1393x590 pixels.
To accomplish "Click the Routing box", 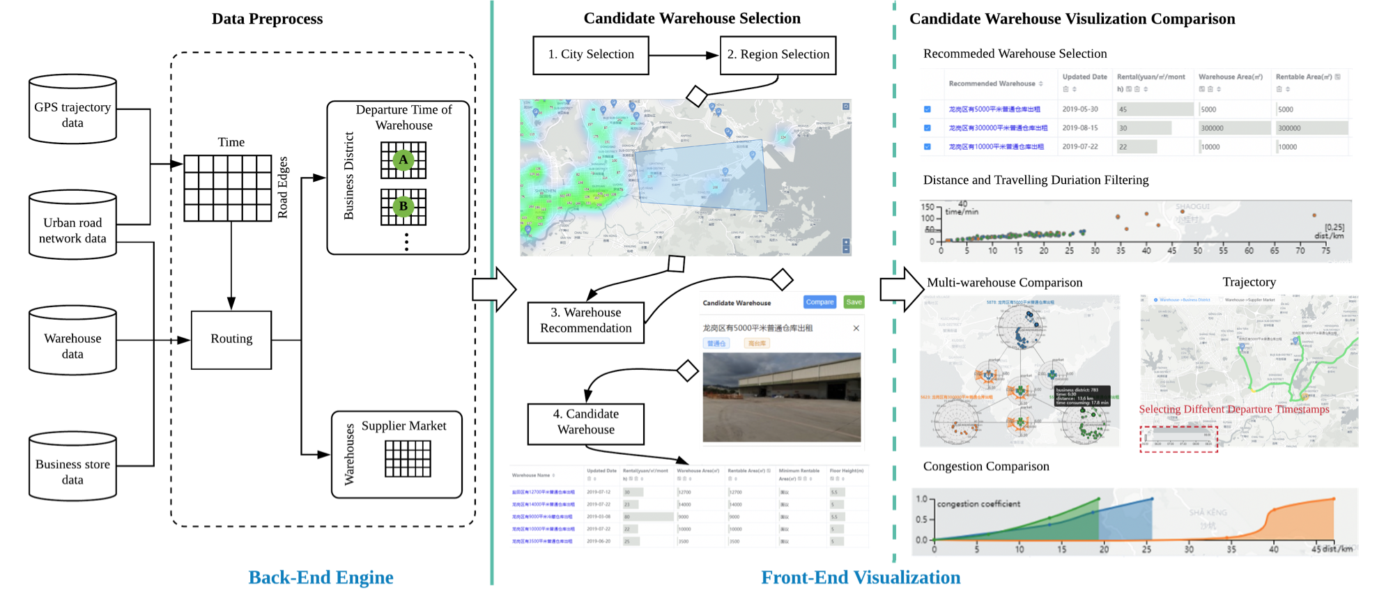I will tap(231, 339).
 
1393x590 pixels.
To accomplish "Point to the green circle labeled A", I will tap(403, 160).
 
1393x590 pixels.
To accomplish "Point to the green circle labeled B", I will tap(403, 206).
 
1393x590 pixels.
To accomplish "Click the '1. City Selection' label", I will tap(591, 55).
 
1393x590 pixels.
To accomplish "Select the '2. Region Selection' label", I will tap(778, 55).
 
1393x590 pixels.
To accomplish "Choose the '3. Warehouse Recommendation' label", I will tap(586, 321).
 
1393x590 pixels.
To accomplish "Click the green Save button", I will tap(854, 302).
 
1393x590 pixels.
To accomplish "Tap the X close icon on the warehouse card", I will tap(856, 328).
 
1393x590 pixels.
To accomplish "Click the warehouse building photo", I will tap(782, 397).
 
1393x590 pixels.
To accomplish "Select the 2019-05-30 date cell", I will tap(1080, 109).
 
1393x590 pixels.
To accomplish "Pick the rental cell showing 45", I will tap(1123, 109).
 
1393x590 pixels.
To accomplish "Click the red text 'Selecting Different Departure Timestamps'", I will tap(1234, 410).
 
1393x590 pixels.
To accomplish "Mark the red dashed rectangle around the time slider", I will tap(1178, 440).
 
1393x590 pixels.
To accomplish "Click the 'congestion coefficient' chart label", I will tap(978, 504).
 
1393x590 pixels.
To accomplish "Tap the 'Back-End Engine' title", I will tap(321, 577).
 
